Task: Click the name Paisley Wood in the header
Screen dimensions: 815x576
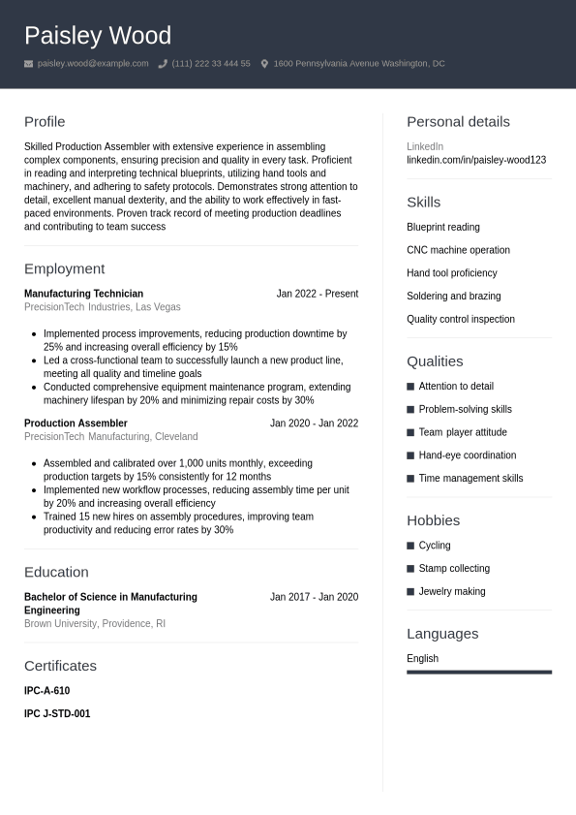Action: point(98,36)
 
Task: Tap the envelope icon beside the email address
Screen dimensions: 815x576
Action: point(29,64)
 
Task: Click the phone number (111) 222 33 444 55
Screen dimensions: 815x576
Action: point(211,64)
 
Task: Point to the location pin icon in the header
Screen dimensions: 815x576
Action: point(264,64)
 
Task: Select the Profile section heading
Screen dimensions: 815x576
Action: point(45,122)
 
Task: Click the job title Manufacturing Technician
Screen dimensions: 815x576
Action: point(83,294)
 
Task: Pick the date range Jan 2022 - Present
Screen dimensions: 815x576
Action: point(317,294)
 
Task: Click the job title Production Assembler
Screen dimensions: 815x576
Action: point(76,423)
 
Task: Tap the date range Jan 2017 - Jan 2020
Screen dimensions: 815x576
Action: point(314,597)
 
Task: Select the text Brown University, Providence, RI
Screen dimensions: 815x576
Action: point(95,624)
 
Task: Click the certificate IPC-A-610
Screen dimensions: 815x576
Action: point(46,691)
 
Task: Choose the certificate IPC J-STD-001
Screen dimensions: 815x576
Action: point(57,714)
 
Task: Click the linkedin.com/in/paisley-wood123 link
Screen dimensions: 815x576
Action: point(476,160)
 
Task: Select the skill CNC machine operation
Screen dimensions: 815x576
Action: point(458,250)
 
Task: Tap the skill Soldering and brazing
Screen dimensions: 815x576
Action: point(453,297)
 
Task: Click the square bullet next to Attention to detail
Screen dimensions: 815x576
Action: point(410,387)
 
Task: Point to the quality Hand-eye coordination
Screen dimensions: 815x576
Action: point(467,455)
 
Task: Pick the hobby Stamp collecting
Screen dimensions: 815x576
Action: point(454,569)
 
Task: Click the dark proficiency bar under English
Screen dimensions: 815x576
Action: point(479,672)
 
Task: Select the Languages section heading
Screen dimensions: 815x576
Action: point(442,634)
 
